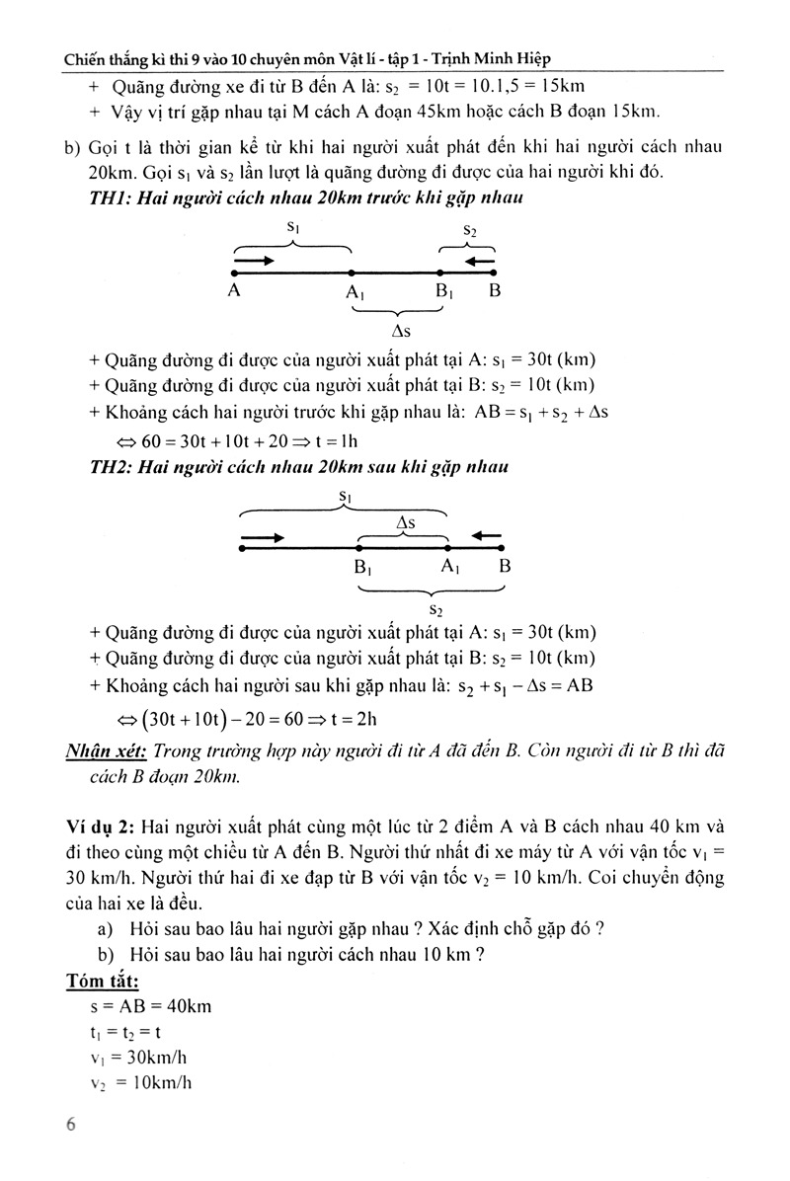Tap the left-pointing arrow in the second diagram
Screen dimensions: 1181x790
pyautogui.click(x=485, y=536)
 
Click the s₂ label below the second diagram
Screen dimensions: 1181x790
pyautogui.click(x=435, y=609)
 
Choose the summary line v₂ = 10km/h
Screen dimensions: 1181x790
pyautogui.click(x=140, y=1082)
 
